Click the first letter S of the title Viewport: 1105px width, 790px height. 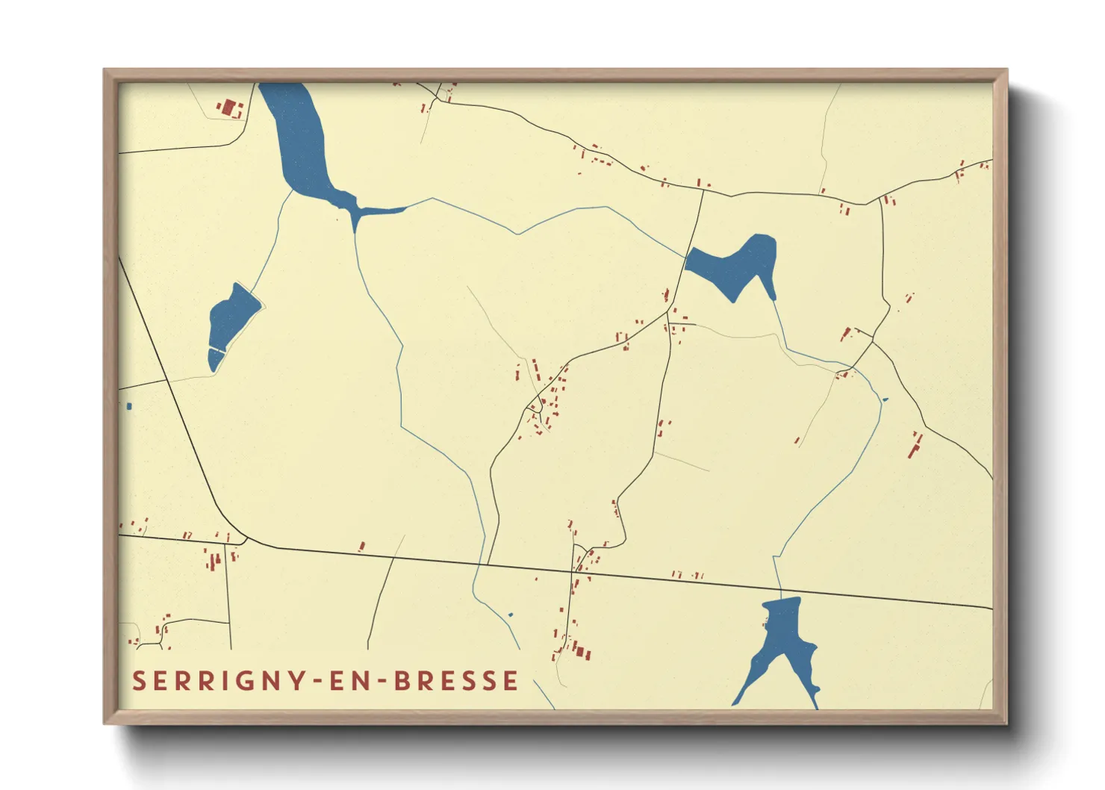[x=139, y=681]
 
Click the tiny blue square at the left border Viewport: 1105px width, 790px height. [x=129, y=406]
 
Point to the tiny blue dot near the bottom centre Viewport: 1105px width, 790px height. [x=511, y=615]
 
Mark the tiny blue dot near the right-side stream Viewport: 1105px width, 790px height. [x=885, y=399]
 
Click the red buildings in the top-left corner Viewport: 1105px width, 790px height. [x=231, y=109]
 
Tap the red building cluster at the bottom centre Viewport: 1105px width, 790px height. [x=578, y=648]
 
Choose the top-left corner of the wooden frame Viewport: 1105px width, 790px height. [x=105, y=71]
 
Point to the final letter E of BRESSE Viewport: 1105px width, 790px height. [x=511, y=681]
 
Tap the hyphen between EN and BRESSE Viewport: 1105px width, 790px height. [x=381, y=682]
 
